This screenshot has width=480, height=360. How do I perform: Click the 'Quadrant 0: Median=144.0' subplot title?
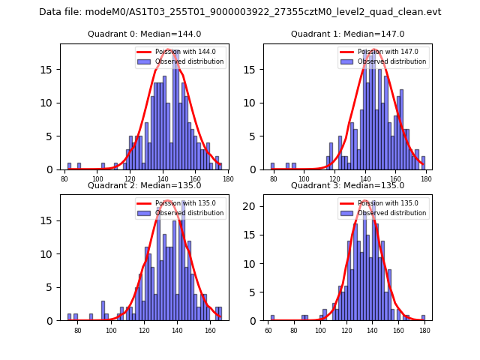[x=144, y=34]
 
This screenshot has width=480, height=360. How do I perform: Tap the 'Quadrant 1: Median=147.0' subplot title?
[x=347, y=34]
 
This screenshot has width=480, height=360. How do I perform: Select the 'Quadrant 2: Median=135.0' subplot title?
[x=144, y=185]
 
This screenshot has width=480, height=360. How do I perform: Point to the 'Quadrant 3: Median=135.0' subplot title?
[x=347, y=185]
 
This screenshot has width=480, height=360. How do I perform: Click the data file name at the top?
[x=240, y=12]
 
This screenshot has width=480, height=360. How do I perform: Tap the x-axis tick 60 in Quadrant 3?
[x=268, y=329]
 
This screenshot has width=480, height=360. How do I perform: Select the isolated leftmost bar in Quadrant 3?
[x=272, y=318]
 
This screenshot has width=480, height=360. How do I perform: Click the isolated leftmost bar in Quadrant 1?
[x=272, y=166]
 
